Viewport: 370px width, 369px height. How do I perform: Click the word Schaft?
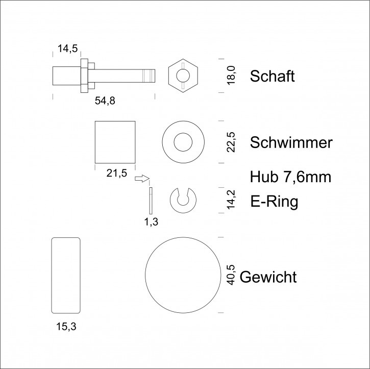tap(273, 76)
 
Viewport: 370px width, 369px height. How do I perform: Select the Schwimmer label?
tap(291, 142)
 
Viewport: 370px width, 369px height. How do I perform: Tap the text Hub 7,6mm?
tap(290, 177)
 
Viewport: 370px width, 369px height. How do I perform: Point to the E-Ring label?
tap(274, 202)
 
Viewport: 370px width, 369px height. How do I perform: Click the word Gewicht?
tap(268, 277)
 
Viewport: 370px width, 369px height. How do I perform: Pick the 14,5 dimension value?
tap(68, 48)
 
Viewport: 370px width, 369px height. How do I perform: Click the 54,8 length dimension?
tap(105, 101)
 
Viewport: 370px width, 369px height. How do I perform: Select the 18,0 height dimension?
tap(231, 75)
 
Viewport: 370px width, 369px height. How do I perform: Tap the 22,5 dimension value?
tap(231, 142)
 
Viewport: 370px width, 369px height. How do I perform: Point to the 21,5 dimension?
tap(116, 173)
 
